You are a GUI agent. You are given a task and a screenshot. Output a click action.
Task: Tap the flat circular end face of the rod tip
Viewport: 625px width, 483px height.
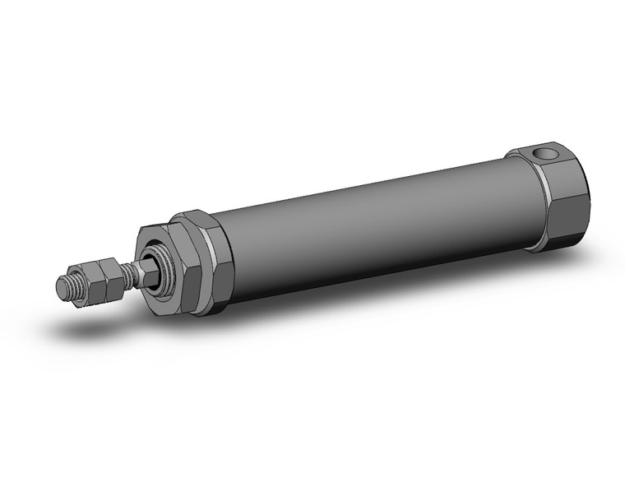point(62,286)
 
